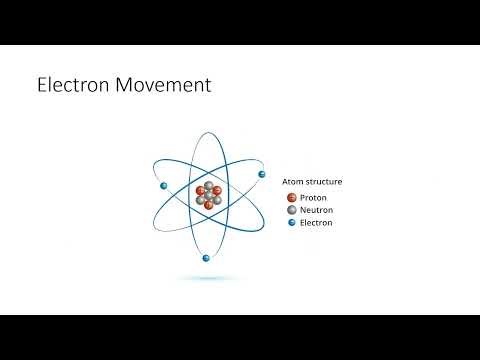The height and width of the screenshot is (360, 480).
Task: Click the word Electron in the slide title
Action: point(72,86)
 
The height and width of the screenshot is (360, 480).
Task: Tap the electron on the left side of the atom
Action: point(162,185)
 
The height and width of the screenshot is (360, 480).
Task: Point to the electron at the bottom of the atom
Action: point(205,258)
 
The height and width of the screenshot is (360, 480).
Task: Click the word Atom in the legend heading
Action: point(295,182)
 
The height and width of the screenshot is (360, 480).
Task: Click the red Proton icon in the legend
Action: point(292,197)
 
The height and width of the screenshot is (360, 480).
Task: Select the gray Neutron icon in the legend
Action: point(292,210)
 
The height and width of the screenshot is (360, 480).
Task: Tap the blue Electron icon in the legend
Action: point(292,223)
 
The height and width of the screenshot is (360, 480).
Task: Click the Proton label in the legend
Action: point(313,197)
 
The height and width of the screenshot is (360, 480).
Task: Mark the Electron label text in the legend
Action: point(317,223)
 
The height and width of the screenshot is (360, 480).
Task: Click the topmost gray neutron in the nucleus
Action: point(209,185)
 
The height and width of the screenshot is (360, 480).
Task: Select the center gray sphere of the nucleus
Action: point(209,195)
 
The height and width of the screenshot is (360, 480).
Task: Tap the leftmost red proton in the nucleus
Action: point(200,190)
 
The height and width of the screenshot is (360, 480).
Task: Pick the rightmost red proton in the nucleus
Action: point(218,190)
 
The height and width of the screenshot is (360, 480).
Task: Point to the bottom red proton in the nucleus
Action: point(209,205)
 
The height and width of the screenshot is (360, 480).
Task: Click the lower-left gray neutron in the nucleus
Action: point(201,200)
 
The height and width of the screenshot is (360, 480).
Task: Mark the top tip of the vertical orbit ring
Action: point(209,133)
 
